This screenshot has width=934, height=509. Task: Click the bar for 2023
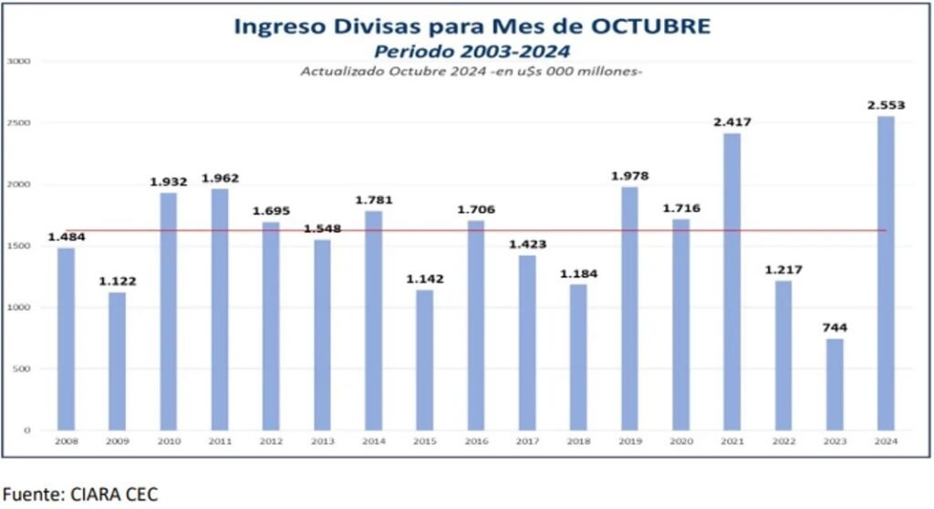tap(835, 383)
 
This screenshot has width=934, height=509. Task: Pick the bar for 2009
tap(118, 360)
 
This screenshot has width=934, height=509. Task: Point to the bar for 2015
tap(424, 359)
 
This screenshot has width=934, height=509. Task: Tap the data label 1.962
tap(220, 178)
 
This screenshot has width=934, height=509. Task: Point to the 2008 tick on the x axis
tap(67, 441)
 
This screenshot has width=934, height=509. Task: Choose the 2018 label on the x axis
tap(577, 441)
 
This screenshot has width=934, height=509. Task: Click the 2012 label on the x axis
tap(271, 441)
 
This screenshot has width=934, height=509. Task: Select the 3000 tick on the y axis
tap(19, 61)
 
